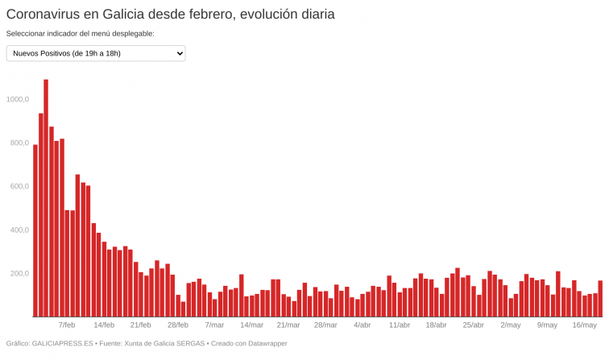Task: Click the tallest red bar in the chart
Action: [x=46, y=197]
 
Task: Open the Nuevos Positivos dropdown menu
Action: [x=96, y=53]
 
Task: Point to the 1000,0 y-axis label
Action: [x=17, y=100]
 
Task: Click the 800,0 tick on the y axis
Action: [x=17, y=143]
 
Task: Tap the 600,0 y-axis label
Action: [x=17, y=187]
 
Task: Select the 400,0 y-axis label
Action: [x=17, y=230]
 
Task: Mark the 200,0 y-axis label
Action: [x=17, y=274]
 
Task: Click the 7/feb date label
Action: [x=67, y=325]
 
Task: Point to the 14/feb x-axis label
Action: [x=104, y=325]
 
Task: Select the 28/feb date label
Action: [x=178, y=325]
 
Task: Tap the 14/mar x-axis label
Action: [x=251, y=325]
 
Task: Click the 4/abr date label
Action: [x=362, y=325]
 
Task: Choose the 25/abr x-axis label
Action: [x=473, y=325]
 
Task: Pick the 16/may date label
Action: [x=584, y=325]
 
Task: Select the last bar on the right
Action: [x=600, y=299]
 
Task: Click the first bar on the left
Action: [x=35, y=230]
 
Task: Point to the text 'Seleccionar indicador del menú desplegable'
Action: [x=80, y=34]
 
